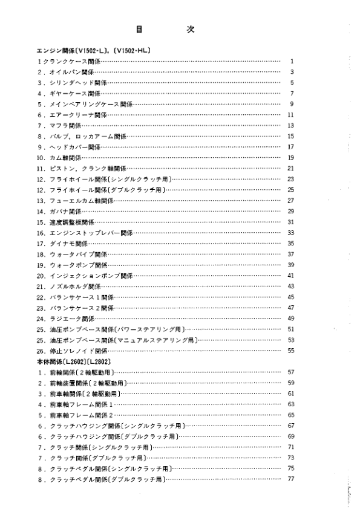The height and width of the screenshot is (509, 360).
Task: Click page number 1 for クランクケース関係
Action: [x=292, y=62]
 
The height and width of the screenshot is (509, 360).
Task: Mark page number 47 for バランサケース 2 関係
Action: [x=290, y=308]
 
